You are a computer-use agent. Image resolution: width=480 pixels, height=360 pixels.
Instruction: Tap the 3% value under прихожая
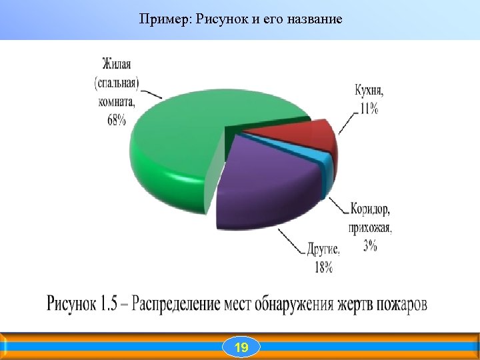click(x=370, y=245)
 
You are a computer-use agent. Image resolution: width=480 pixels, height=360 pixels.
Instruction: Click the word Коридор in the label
click(x=370, y=209)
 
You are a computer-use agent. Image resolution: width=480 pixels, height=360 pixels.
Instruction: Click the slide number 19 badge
click(x=241, y=347)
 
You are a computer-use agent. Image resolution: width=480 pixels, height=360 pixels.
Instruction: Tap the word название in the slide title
click(x=313, y=19)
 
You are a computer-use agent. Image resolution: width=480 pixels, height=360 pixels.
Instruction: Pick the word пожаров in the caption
click(x=401, y=304)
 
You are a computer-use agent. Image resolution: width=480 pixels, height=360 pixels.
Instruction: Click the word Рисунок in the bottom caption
click(x=71, y=304)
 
